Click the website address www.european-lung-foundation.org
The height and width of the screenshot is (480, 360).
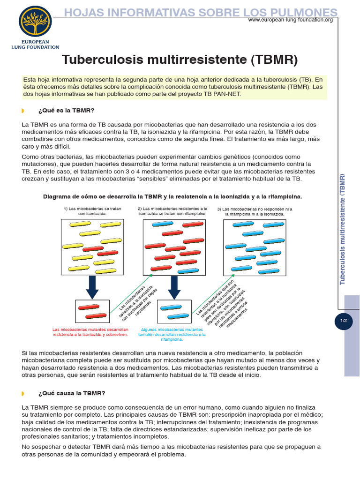290,20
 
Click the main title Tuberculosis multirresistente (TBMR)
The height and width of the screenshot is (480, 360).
180,60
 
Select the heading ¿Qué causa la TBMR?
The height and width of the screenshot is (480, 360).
72,393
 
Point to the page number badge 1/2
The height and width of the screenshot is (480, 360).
344,321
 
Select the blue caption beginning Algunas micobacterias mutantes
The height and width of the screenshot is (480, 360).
173,335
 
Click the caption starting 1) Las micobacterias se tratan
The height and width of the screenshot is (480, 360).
92,211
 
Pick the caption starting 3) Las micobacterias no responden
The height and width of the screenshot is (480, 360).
255,211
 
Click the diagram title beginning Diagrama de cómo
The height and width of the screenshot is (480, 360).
172,196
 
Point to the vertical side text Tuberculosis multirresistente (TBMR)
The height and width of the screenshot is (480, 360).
343,229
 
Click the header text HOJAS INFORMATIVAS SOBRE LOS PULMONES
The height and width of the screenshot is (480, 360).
201,12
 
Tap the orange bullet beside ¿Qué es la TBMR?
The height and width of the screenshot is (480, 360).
23,111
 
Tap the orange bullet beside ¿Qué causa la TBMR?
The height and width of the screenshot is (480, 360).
23,393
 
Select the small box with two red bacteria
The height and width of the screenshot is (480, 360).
92,312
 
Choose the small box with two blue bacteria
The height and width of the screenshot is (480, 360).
174,312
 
